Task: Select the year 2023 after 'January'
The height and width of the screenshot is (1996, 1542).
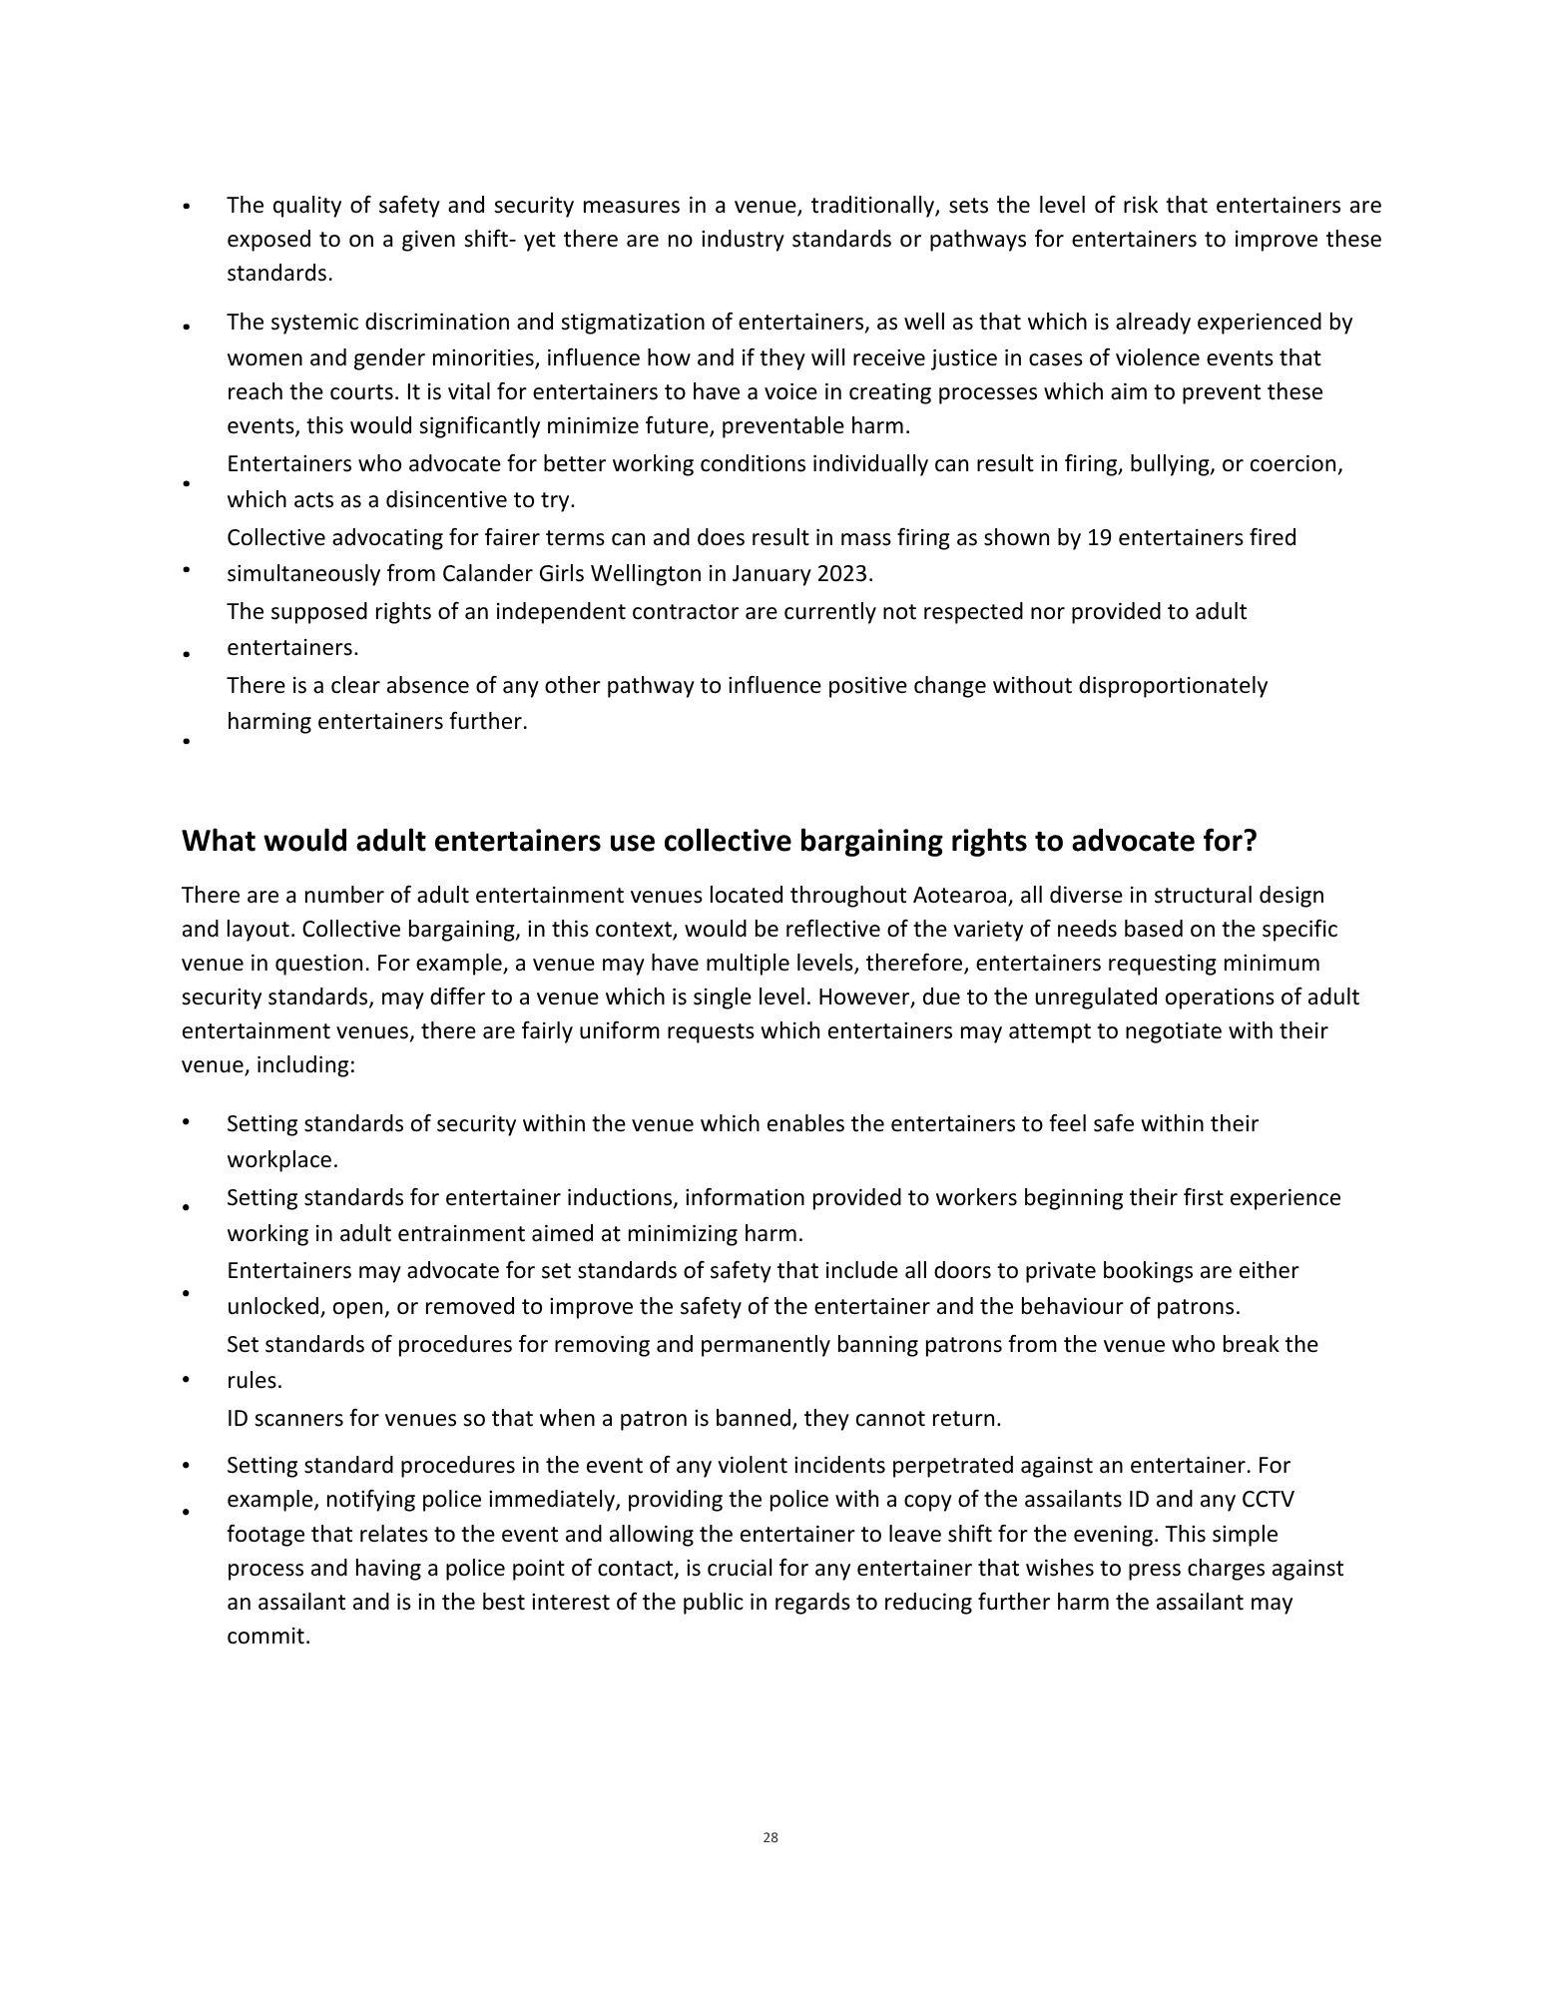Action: click(x=843, y=574)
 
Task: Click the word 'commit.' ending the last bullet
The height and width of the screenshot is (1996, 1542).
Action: click(x=268, y=1638)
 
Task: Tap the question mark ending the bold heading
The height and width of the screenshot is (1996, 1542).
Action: click(x=1250, y=842)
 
